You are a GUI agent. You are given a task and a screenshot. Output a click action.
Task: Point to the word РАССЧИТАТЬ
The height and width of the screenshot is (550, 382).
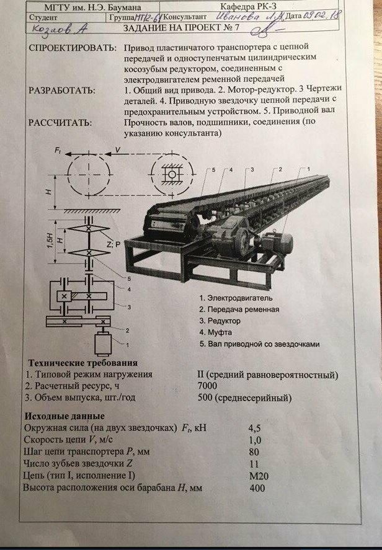click(60, 122)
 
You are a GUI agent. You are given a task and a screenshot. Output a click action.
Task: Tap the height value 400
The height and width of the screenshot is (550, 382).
click(254, 488)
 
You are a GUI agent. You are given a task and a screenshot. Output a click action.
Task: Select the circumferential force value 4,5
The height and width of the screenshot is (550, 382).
click(254, 427)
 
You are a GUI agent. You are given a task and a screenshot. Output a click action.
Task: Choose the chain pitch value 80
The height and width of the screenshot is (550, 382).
click(254, 451)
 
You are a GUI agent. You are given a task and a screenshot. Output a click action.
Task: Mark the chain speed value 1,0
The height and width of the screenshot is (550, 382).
click(254, 440)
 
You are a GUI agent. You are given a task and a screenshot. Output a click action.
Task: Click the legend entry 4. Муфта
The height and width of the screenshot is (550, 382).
click(220, 333)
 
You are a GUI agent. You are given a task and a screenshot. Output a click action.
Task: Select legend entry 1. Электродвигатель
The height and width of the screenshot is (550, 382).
click(240, 298)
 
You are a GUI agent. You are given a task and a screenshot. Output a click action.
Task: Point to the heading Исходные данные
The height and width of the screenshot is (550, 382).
click(64, 415)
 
